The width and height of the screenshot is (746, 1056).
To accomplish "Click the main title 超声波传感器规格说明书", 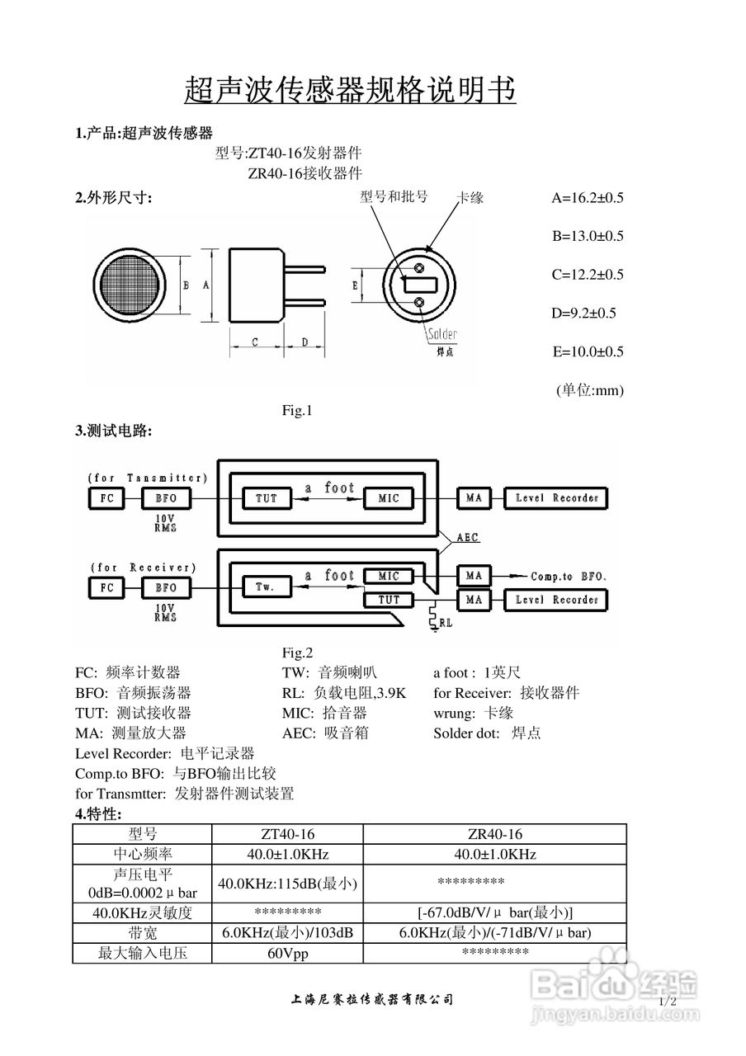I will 350,90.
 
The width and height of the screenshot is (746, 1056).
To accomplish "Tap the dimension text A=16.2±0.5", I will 587,198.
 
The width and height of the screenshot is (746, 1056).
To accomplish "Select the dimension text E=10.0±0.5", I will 588,352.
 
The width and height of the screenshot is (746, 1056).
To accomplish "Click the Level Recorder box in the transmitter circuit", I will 556,498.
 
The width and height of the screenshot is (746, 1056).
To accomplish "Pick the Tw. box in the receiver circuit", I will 266,587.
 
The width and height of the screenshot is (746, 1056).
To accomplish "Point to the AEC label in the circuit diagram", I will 468,538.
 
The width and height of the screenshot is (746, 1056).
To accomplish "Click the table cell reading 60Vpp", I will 287,954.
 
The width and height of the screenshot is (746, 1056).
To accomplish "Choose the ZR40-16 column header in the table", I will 494,834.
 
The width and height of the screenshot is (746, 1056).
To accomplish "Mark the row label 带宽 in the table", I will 142,933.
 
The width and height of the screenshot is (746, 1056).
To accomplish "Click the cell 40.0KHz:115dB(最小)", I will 287,884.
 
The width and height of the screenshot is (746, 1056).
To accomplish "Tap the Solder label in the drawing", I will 442,335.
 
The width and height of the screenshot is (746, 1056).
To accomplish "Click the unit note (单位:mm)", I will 589,390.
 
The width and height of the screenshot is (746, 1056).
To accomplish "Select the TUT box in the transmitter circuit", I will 266,498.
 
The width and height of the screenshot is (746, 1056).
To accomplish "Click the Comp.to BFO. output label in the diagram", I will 568,576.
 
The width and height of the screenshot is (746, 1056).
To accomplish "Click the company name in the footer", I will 372,1000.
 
